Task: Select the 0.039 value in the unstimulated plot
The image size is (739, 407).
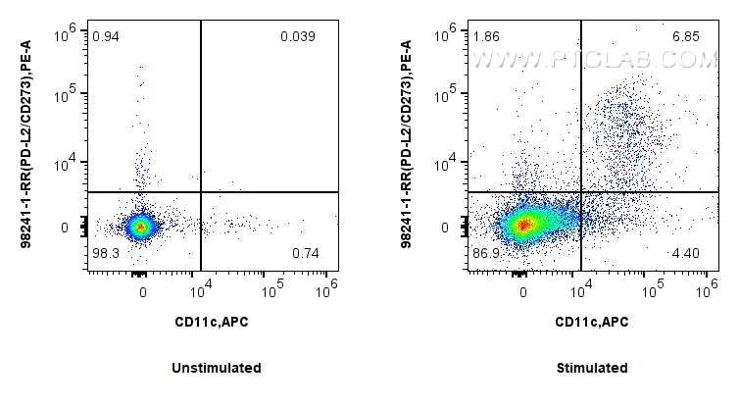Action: [297, 36]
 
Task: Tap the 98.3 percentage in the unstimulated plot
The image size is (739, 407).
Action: [107, 253]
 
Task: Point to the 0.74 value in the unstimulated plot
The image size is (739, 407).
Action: [305, 253]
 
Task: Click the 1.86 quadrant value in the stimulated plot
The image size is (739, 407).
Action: [486, 36]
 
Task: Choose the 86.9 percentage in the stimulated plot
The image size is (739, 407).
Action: [487, 253]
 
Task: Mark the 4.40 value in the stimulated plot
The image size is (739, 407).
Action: [686, 253]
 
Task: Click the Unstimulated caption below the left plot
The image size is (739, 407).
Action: [217, 368]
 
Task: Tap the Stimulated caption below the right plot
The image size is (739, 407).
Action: [592, 368]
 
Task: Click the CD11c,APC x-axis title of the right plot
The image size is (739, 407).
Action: [592, 322]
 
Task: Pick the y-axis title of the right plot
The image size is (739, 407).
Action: [409, 147]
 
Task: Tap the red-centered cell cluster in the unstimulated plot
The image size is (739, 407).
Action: [141, 227]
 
